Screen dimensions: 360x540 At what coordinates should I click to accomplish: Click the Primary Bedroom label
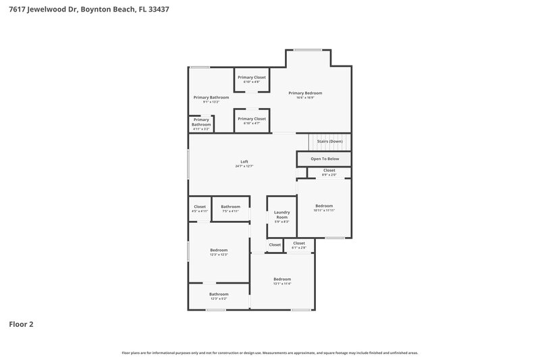[x=305, y=93]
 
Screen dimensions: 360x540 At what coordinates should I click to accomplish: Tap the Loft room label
[x=244, y=162]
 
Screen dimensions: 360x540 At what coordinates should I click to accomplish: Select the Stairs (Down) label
[x=329, y=141]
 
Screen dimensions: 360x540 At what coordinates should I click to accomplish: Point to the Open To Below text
[x=324, y=159]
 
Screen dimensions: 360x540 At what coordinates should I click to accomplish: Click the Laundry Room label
[x=281, y=215]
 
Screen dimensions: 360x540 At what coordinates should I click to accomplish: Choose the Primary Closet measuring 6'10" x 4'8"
[x=251, y=78]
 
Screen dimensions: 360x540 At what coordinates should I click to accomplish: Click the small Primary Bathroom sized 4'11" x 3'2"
[x=201, y=123]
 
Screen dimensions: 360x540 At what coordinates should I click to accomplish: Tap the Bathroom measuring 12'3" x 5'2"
[x=219, y=294]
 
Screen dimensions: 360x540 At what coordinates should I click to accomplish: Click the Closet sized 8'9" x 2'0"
[x=329, y=171]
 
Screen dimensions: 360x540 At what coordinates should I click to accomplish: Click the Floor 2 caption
[x=21, y=324]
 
